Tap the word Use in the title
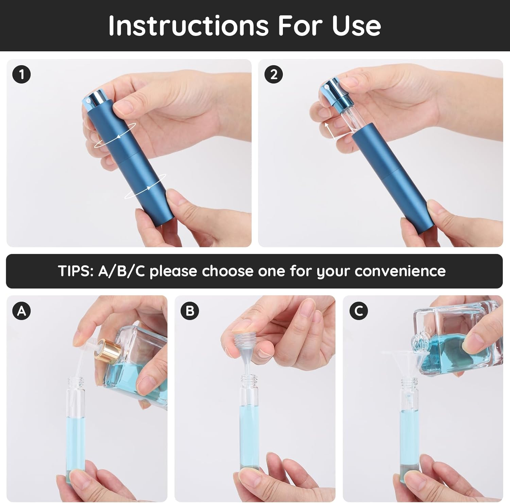click(x=356, y=25)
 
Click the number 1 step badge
click(x=22, y=74)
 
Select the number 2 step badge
click(x=273, y=74)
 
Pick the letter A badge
click(x=22, y=310)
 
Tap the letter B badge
click(x=190, y=310)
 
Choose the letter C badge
click(x=358, y=310)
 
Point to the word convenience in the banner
click(x=400, y=271)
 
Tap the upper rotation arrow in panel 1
click(x=115, y=136)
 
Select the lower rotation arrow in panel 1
click(x=145, y=186)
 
